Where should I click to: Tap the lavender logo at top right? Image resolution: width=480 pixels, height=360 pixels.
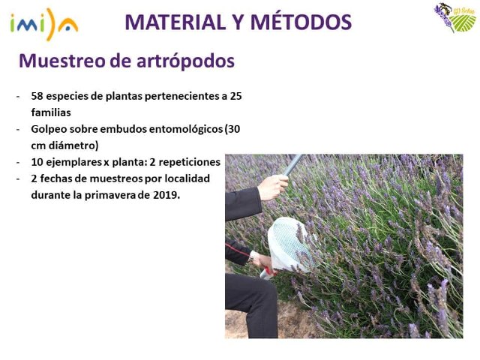pyautogui.click(x=454, y=18)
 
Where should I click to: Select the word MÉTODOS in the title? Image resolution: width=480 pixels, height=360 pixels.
pyautogui.click(x=303, y=22)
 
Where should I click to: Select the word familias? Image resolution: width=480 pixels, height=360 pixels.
pyautogui.click(x=51, y=112)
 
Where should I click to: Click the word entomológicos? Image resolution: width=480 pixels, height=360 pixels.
pyautogui.click(x=178, y=129)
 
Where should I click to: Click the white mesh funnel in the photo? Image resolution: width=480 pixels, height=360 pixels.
pyautogui.click(x=289, y=244)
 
